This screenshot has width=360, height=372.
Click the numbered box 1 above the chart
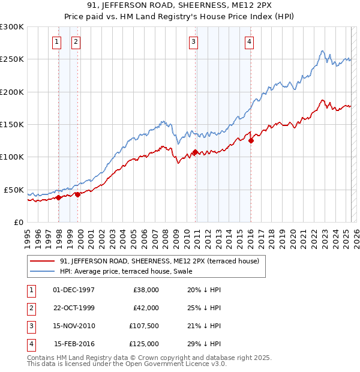tap(56, 42)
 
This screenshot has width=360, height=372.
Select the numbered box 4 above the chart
tap(248, 42)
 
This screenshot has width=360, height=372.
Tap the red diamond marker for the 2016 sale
tap(251, 141)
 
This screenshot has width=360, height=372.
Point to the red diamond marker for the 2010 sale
tap(195, 152)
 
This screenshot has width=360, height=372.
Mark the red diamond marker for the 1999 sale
tap(77, 194)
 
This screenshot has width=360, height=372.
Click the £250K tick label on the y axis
tap(12, 59)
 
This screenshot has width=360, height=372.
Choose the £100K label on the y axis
tap(12, 157)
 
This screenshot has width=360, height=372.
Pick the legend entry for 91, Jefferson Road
tap(159, 261)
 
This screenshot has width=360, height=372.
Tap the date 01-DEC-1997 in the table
tap(73, 289)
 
